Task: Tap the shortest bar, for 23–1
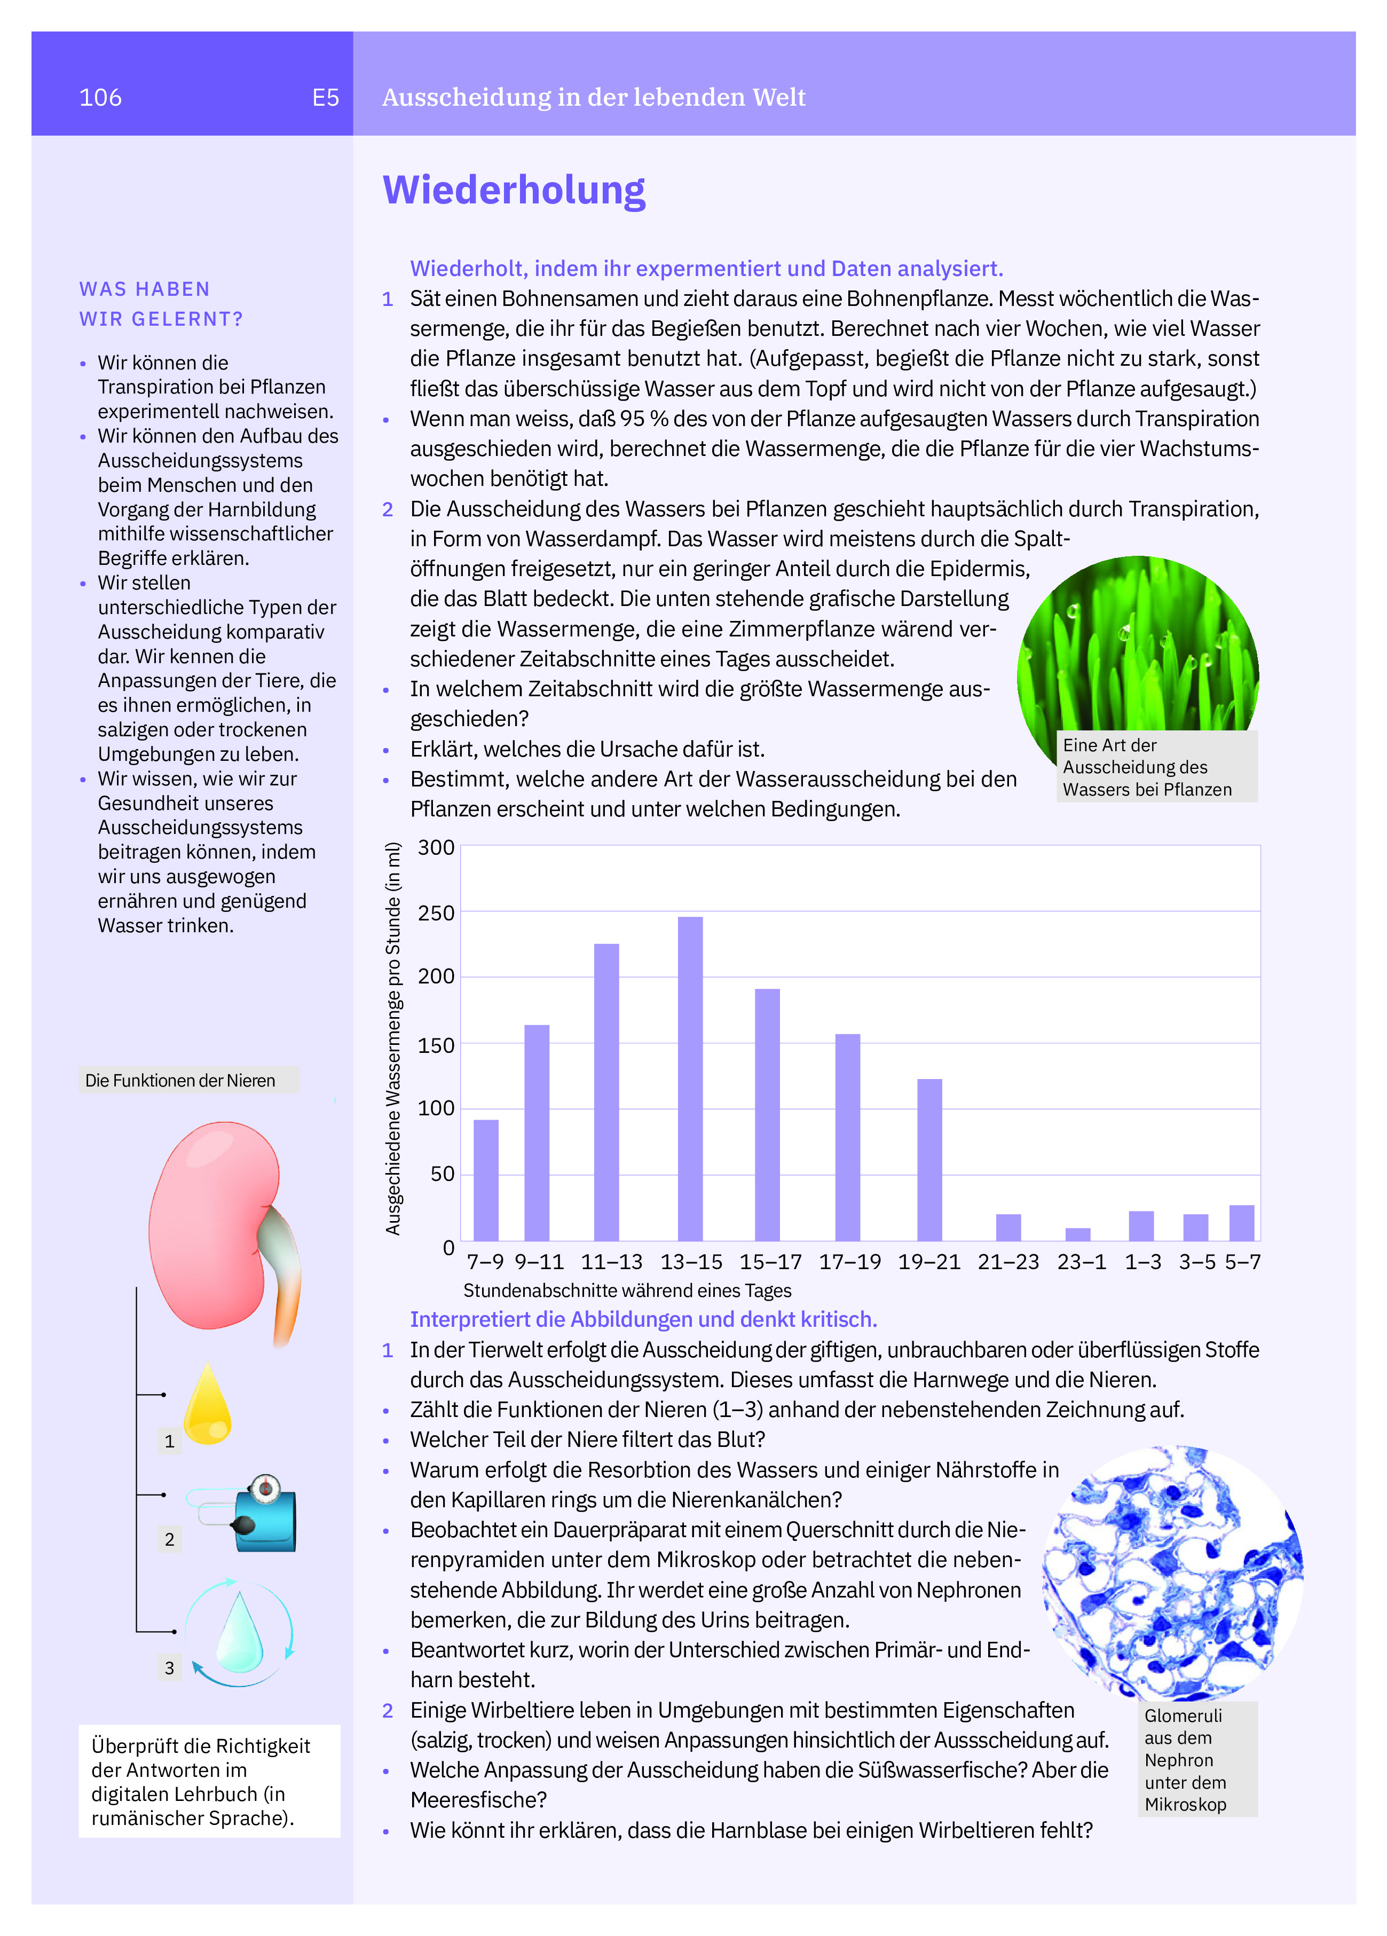[1078, 1234]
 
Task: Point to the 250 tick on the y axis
[436, 912]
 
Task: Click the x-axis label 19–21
[928, 1262]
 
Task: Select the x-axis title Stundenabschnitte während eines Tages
[627, 1290]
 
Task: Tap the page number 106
[101, 97]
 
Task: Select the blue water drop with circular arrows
[239, 1633]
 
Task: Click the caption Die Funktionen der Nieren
[180, 1081]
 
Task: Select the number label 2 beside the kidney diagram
[169, 1539]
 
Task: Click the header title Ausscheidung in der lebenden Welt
[593, 97]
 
